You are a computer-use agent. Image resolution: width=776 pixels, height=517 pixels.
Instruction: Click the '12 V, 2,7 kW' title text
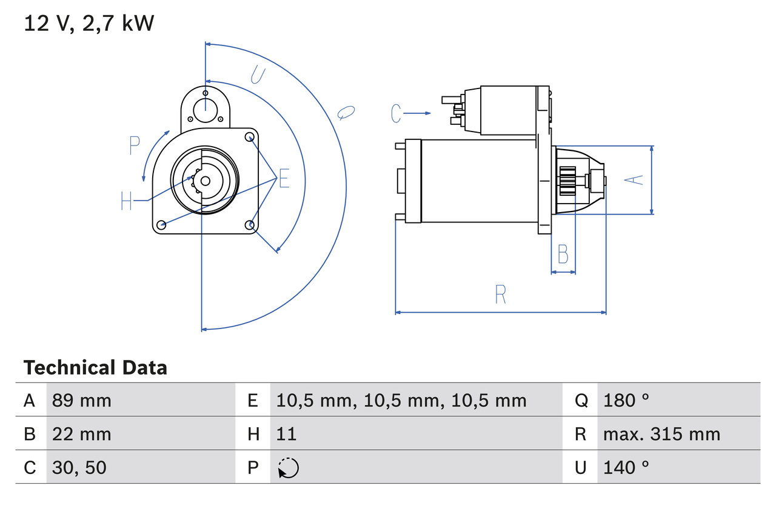pyautogui.click(x=89, y=23)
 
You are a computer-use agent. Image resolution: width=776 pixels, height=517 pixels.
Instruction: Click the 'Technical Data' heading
pyautogui.click(x=95, y=367)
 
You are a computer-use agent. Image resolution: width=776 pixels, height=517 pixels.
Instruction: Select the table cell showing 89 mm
pyautogui.click(x=82, y=400)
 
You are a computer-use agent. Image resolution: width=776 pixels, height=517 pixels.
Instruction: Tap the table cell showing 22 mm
pyautogui.click(x=82, y=434)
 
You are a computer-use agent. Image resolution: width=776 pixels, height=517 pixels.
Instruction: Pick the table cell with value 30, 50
pyautogui.click(x=79, y=467)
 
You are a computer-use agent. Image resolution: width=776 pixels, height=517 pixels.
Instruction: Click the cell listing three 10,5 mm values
pyautogui.click(x=401, y=400)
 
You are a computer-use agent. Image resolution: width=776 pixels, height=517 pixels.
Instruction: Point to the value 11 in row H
pyautogui.click(x=286, y=434)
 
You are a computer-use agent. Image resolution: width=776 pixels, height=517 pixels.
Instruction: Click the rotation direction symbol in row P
pyautogui.click(x=288, y=468)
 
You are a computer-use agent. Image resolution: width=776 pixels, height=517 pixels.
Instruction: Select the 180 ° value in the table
pyautogui.click(x=626, y=400)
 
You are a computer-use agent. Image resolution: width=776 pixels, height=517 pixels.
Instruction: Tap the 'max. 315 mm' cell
pyautogui.click(x=661, y=434)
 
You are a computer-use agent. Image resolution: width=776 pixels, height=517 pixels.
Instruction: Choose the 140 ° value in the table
pyautogui.click(x=626, y=467)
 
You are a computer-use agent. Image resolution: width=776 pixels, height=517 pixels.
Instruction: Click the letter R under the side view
pyautogui.click(x=500, y=295)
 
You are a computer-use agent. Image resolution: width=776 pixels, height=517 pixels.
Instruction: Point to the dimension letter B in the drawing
pyautogui.click(x=563, y=255)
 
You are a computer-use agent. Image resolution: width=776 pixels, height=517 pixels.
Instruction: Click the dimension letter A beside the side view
pyautogui.click(x=634, y=180)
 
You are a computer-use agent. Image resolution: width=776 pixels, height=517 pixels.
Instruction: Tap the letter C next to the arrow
pyautogui.click(x=396, y=113)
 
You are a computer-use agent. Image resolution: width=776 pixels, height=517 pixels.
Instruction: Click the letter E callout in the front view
pyautogui.click(x=284, y=179)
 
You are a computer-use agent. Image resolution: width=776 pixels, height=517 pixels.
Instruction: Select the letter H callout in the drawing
pyautogui.click(x=126, y=201)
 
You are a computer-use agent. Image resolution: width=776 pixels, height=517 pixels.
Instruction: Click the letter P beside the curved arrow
pyautogui.click(x=135, y=145)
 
